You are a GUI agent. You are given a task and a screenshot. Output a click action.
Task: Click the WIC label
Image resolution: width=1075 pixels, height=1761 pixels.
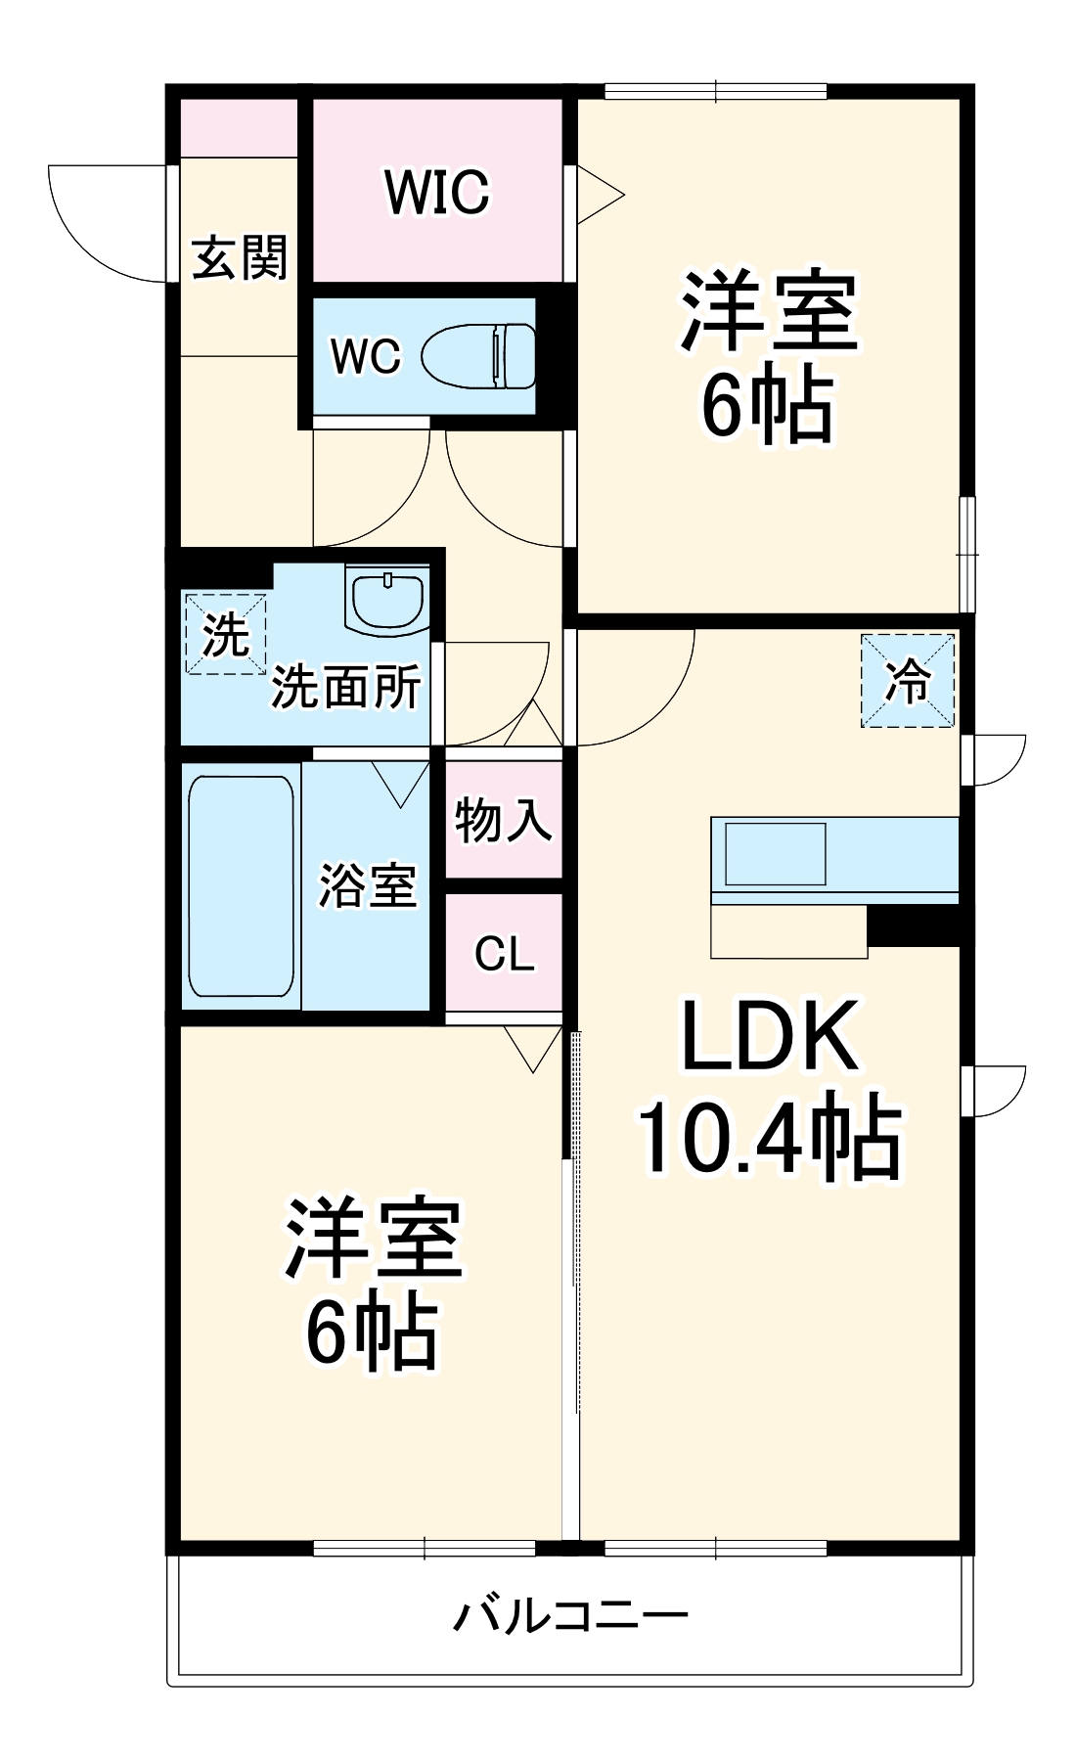point(436,192)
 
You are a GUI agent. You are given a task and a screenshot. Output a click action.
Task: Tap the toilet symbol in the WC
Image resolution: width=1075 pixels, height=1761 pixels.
point(479,356)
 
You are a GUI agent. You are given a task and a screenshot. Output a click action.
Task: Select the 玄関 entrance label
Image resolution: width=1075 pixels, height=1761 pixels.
point(240,257)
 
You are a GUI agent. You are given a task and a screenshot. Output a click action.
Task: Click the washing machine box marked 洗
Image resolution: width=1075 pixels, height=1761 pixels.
point(226,634)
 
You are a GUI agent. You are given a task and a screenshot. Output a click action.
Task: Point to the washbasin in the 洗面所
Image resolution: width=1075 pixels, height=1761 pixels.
point(387,599)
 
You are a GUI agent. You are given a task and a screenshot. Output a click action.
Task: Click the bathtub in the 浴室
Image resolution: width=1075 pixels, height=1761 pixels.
point(241,886)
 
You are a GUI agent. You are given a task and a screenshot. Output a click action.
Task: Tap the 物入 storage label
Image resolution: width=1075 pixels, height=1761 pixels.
point(504,819)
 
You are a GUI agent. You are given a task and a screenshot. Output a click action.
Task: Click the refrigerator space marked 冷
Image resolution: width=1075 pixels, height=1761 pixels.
point(907,681)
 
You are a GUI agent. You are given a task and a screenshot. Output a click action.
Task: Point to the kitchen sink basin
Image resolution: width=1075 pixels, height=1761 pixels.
point(775,854)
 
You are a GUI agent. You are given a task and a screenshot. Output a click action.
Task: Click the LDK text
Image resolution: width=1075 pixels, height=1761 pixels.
point(770,1036)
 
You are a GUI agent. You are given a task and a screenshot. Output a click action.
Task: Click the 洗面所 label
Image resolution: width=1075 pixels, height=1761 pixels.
point(346,687)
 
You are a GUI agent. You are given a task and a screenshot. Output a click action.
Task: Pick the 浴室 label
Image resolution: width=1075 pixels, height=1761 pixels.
point(368,885)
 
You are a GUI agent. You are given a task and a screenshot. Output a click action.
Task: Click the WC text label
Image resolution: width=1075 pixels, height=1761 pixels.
point(366,357)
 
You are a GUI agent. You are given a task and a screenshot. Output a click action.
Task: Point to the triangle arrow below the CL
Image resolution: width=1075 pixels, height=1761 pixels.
point(533,1046)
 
